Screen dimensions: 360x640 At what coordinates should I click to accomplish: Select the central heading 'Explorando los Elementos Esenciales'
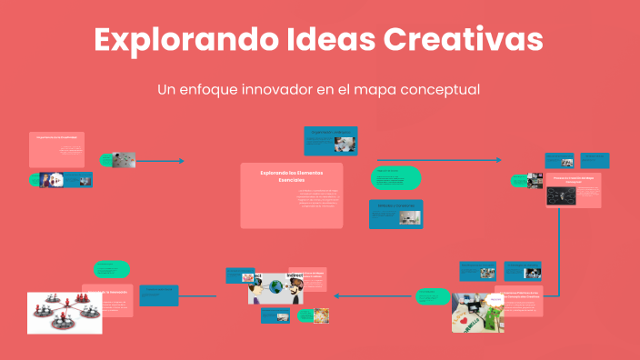pyautogui.click(x=291, y=175)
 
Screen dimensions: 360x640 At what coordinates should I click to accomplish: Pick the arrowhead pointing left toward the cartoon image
pyautogui.click(x=338, y=295)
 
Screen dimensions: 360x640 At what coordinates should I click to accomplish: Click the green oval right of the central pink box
pyautogui.click(x=395, y=178)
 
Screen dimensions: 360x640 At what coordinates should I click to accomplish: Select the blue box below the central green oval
pyautogui.click(x=395, y=214)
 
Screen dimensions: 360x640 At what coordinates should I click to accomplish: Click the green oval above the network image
pyautogui.click(x=112, y=269)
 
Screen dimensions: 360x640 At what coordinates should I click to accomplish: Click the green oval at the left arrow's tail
pyautogui.click(x=433, y=296)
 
